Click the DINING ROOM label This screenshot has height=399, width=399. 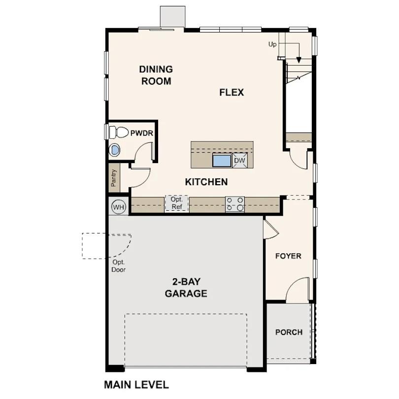156,75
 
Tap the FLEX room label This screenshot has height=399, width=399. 232,92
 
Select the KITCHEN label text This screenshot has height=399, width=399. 206,182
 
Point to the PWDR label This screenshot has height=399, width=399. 141,133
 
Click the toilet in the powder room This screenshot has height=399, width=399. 117,132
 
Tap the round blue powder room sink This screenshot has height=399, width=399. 115,150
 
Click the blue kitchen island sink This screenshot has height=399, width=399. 222,160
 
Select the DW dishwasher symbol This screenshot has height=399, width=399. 239,160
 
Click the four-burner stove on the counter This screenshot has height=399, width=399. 235,204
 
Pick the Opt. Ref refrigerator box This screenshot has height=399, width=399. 177,203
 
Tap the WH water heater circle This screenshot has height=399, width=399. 119,207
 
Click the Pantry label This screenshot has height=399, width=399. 114,178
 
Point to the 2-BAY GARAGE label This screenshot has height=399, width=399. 186,288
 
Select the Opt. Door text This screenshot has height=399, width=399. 119,266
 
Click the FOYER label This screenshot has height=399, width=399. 288,256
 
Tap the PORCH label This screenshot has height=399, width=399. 289,332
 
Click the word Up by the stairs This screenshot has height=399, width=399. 272,44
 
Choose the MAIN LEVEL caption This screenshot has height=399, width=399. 136,384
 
